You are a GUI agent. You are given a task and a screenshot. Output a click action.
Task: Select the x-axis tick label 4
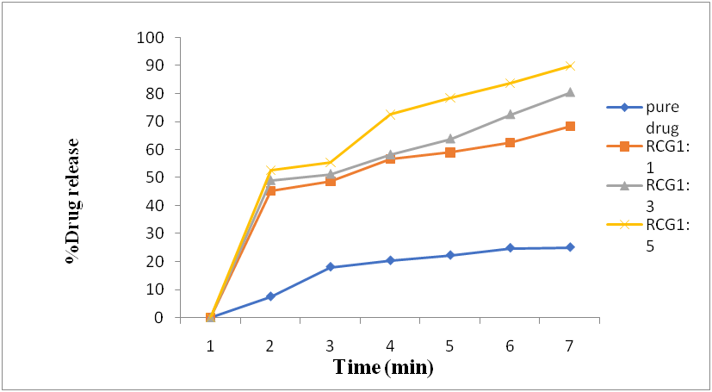(390, 345)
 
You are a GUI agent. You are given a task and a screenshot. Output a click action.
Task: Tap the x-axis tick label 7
(570, 345)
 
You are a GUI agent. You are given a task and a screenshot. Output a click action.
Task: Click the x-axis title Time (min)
(383, 368)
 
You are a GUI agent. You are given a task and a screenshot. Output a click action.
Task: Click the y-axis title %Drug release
(74, 200)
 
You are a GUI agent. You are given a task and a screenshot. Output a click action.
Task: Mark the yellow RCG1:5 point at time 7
(570, 65)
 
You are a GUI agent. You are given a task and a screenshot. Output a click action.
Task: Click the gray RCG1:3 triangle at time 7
(570, 92)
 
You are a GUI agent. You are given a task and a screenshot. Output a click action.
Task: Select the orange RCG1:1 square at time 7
(570, 126)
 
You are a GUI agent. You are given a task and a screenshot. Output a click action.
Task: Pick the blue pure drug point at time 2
(270, 296)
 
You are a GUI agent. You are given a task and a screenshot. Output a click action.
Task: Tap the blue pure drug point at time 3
(331, 267)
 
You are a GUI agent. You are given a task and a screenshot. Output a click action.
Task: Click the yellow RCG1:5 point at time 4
(390, 114)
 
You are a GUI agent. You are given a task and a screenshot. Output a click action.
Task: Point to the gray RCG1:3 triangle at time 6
(510, 115)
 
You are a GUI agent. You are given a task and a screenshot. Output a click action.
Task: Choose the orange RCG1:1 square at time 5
(450, 152)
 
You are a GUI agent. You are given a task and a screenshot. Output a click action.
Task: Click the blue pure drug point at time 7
(570, 247)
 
